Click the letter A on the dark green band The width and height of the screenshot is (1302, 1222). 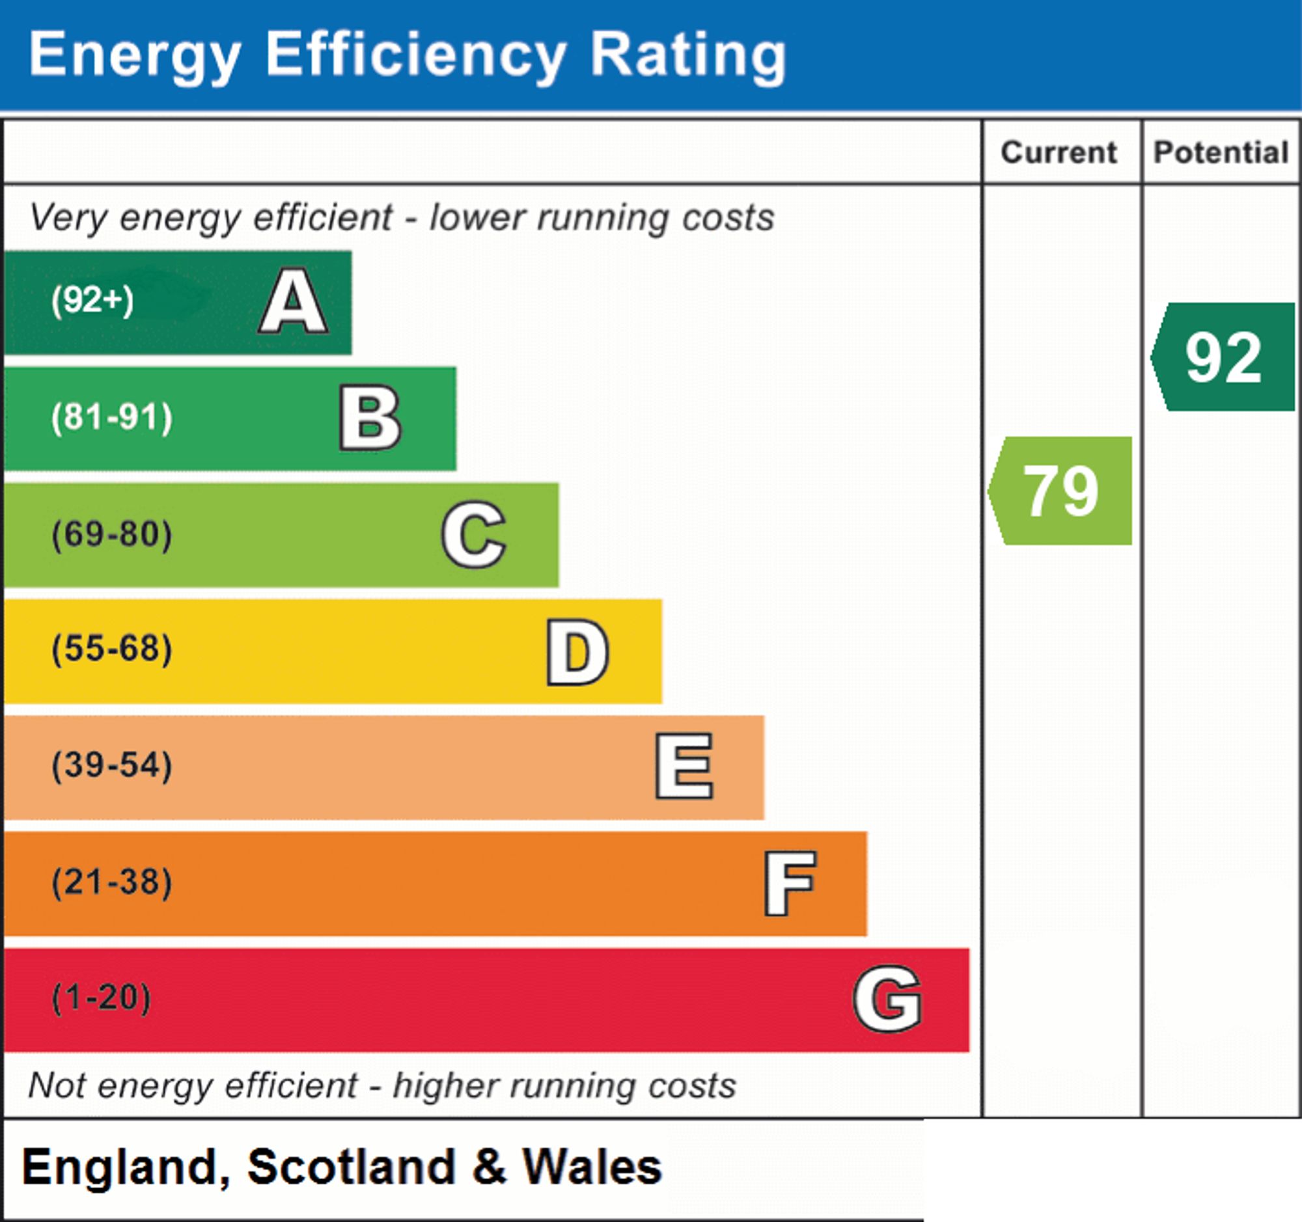click(x=294, y=302)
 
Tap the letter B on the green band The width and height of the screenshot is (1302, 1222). click(x=370, y=418)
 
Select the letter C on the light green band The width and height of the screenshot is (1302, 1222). click(x=473, y=534)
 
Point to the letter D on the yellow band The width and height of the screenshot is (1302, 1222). click(x=577, y=652)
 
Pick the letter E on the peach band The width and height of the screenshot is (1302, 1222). click(x=684, y=766)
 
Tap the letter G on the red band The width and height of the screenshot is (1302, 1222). click(x=887, y=999)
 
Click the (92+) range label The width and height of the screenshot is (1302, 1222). click(x=92, y=301)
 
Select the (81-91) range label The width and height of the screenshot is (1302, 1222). click(x=112, y=418)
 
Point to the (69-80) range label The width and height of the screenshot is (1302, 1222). click(x=112, y=534)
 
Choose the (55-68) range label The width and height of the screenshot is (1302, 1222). click(x=112, y=649)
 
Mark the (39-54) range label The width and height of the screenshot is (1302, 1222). click(x=112, y=765)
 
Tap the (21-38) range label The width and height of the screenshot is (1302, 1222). click(x=112, y=882)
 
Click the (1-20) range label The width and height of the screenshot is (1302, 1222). click(x=102, y=998)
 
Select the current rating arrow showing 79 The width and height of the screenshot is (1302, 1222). click(x=1060, y=490)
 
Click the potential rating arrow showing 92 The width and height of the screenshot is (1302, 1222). click(x=1223, y=357)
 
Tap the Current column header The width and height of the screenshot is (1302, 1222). click(x=1059, y=152)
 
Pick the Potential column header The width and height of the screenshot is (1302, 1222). click(x=1221, y=152)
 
